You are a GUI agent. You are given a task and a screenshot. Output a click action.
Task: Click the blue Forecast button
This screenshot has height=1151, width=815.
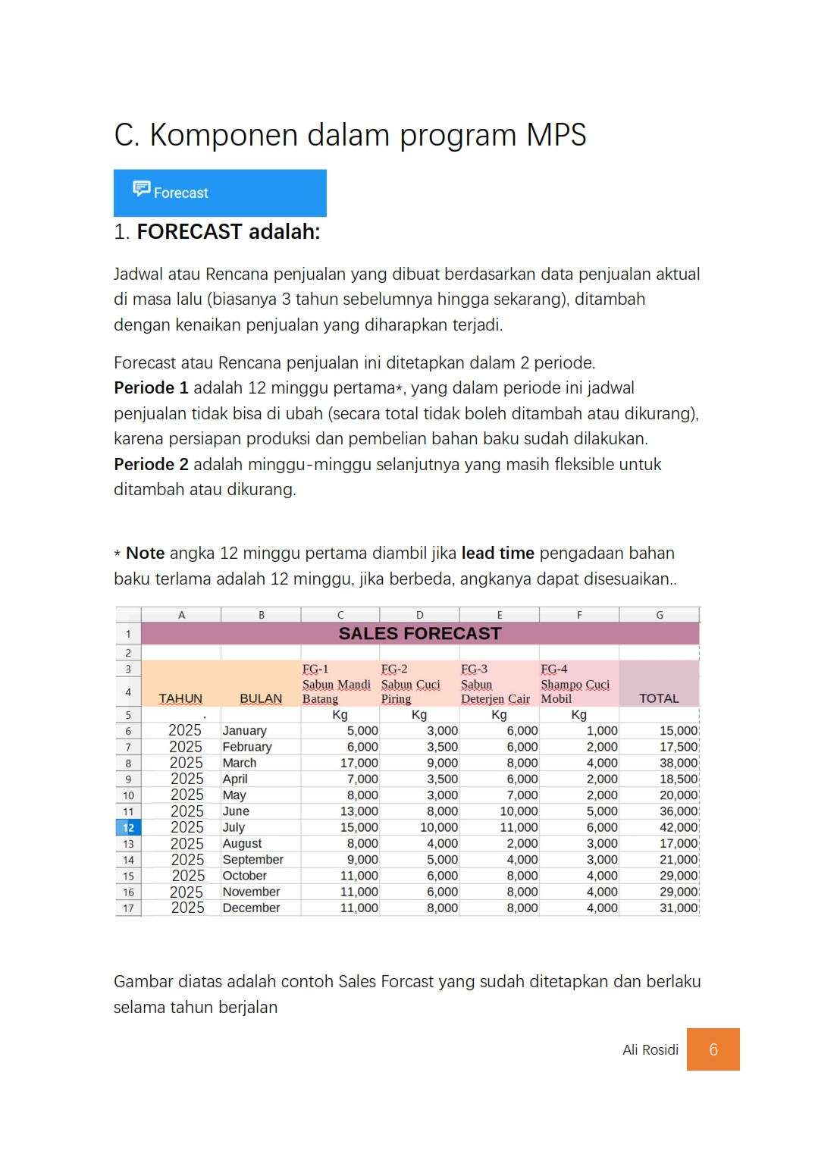pyautogui.click(x=220, y=193)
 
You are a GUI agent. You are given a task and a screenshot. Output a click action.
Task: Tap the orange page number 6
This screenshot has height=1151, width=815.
pyautogui.click(x=713, y=1049)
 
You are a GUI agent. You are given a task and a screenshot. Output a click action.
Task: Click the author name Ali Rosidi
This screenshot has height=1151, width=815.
pyautogui.click(x=650, y=1050)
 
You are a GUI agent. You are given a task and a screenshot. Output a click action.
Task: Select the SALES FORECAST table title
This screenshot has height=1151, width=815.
pyautogui.click(x=419, y=634)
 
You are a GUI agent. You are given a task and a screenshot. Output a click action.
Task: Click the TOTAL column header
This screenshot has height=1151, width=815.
pyautogui.click(x=659, y=698)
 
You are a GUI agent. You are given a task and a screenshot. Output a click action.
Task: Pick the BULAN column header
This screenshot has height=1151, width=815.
pyautogui.click(x=261, y=698)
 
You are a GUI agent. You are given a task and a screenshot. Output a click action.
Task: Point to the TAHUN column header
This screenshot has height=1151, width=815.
pyautogui.click(x=180, y=698)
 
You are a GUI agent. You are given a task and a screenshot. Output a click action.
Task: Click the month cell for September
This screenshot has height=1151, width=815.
pyautogui.click(x=252, y=860)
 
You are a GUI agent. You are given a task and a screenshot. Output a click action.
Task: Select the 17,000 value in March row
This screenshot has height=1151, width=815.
pyautogui.click(x=359, y=763)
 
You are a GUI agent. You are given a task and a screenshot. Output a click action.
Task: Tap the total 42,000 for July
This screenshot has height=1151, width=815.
pyautogui.click(x=678, y=827)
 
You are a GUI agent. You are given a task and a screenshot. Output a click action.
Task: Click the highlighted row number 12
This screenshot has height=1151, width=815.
pyautogui.click(x=128, y=828)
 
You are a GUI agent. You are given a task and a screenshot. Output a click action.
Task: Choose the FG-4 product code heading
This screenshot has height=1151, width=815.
pyautogui.click(x=553, y=669)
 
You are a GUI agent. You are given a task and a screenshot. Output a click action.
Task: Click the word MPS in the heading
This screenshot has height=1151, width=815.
pyautogui.click(x=556, y=135)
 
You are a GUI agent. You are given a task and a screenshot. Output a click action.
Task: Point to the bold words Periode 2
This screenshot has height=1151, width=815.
pyautogui.click(x=151, y=464)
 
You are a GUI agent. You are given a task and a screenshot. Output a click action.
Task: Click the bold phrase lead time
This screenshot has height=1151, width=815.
pyautogui.click(x=497, y=554)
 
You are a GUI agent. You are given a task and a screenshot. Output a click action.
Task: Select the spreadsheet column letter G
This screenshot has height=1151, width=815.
pyautogui.click(x=659, y=615)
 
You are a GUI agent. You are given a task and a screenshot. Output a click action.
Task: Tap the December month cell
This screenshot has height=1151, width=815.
pyautogui.click(x=251, y=908)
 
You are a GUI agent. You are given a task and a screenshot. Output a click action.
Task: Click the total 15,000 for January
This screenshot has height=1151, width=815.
pyautogui.click(x=678, y=731)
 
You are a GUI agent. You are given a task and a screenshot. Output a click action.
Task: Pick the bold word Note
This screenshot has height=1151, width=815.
pyautogui.click(x=145, y=554)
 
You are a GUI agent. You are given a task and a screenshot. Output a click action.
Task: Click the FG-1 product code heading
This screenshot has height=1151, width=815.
pyautogui.click(x=315, y=669)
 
